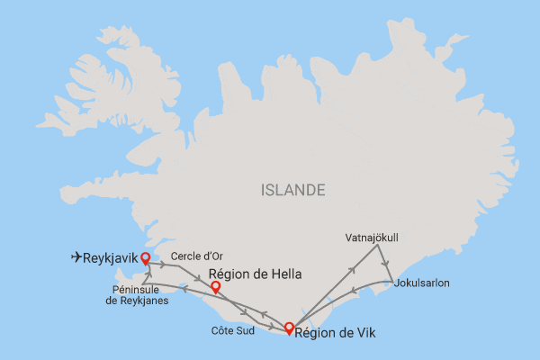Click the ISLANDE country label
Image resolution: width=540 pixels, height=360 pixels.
click(292, 190)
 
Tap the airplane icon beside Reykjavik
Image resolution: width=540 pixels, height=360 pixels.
click(76, 257)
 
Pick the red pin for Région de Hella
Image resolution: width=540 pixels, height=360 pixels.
click(215, 288)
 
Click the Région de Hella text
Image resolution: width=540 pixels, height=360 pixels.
click(255, 274)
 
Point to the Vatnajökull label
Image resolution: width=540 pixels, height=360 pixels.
click(372, 238)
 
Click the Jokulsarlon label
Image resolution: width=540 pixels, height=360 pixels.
click(422, 283)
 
